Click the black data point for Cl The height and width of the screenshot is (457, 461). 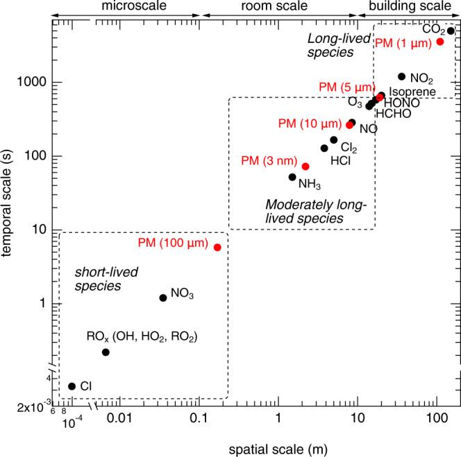(72, 386)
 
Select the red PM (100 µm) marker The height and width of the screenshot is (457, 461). (217, 247)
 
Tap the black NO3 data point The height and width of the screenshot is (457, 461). (163, 298)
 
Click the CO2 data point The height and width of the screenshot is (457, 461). (451, 31)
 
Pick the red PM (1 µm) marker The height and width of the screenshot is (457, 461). (439, 42)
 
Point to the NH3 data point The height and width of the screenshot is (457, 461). (292, 177)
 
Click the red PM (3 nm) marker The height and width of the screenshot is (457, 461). (305, 166)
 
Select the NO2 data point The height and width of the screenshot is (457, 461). (401, 76)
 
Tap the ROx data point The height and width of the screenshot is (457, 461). (106, 352)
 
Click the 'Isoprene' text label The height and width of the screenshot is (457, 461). (412, 92)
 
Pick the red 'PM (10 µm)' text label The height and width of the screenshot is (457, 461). (310, 123)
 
